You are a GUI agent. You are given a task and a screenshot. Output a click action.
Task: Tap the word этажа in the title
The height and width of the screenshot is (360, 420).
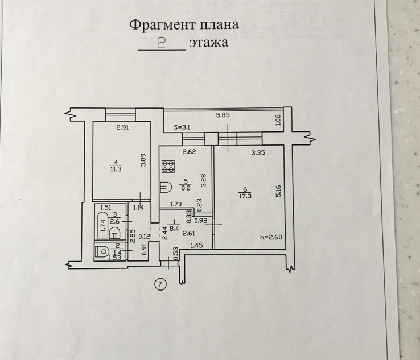(x=209, y=43)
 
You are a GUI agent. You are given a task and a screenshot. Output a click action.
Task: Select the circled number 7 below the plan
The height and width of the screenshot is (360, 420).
(x=160, y=285)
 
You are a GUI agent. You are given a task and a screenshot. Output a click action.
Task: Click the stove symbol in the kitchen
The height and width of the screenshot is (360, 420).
(x=168, y=167)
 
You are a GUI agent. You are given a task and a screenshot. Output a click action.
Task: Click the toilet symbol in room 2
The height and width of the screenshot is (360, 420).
(x=104, y=250)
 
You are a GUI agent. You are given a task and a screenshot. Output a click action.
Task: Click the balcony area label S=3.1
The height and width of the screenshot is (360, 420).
(x=182, y=127)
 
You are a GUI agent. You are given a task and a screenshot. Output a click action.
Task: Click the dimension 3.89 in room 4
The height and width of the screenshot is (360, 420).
(x=145, y=161)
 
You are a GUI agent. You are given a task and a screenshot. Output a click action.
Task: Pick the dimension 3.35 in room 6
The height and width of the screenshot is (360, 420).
(x=260, y=152)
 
